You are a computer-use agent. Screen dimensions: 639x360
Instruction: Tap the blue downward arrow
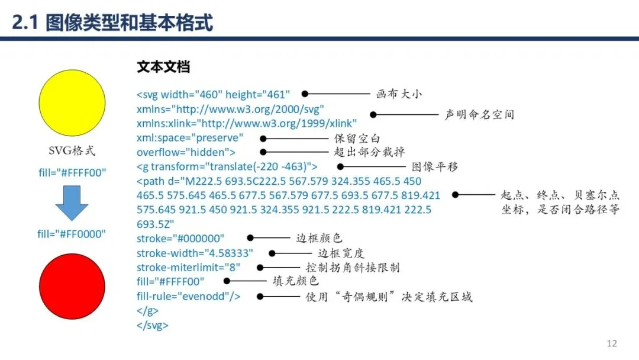72,203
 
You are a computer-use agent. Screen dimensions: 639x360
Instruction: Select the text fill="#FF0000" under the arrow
72,234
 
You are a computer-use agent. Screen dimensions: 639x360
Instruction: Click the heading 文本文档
163,67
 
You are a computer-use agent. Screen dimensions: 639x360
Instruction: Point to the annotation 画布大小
399,94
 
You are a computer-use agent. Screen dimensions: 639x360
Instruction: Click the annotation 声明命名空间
479,114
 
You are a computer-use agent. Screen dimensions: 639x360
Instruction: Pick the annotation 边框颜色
319,238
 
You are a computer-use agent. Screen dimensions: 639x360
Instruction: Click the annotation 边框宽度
341,253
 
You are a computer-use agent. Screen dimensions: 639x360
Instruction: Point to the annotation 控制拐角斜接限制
353,268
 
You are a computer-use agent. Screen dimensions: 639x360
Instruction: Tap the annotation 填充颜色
296,282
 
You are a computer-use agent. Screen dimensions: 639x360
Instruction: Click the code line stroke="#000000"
180,239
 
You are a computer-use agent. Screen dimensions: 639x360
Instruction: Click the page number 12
612,343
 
